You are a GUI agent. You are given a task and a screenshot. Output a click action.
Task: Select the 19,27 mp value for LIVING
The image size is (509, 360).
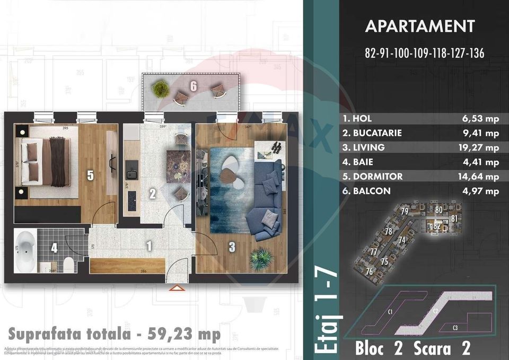(480, 147)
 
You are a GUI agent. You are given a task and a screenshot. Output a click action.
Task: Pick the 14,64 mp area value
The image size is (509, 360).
(480, 177)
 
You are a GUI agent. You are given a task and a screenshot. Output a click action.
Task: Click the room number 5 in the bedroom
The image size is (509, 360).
(91, 175)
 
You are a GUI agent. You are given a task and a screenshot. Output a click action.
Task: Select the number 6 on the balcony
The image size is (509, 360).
(194, 85)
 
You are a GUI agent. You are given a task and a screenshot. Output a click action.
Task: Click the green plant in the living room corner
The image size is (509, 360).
(261, 258)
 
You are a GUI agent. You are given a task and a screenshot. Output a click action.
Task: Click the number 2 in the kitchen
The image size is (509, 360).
(152, 194)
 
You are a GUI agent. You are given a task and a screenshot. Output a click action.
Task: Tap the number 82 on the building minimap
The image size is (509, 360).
(436, 226)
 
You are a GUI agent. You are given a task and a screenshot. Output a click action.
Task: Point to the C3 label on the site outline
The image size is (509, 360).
(455, 328)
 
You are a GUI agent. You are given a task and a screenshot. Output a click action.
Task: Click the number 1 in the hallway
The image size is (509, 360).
(149, 245)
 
